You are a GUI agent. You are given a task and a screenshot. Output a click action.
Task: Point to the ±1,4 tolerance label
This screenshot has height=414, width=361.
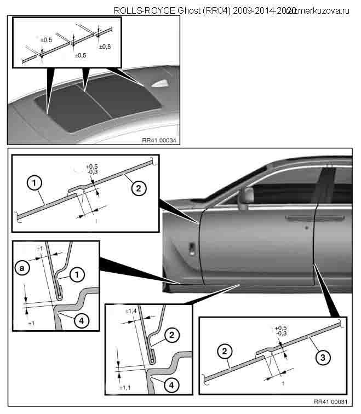pos(131,311)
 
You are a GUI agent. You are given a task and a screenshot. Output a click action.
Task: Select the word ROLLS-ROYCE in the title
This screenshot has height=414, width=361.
pos(144,10)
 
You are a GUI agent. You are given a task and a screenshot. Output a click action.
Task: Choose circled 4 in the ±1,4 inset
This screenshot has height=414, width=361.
pos(172,386)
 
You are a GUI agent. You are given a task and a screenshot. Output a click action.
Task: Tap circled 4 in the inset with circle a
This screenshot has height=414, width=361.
pos(79,321)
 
